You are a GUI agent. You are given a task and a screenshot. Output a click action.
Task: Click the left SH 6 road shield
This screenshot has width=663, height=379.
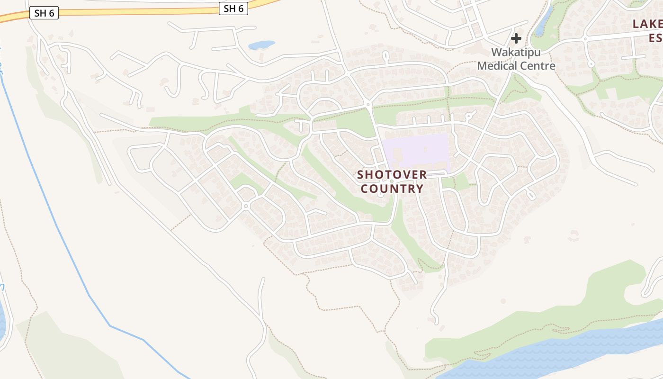pos(44,13)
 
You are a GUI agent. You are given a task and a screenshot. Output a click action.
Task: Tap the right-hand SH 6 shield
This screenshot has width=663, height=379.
pos(233,8)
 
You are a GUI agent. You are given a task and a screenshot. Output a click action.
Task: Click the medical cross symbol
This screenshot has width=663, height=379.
pos(516,38)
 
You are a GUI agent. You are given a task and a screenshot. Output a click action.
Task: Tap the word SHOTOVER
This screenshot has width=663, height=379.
pos(392,175)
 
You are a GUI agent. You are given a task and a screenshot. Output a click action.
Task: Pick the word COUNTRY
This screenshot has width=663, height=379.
pos(392,189)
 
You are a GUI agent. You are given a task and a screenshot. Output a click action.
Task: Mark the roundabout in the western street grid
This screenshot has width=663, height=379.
pos(245,206)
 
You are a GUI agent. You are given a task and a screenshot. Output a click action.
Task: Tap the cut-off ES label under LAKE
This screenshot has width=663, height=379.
pos(655,38)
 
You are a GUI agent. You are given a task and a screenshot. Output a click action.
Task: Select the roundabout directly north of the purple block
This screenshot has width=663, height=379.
pos(368,104)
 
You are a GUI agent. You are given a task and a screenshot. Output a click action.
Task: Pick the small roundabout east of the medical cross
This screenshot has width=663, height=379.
pos(585,38)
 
